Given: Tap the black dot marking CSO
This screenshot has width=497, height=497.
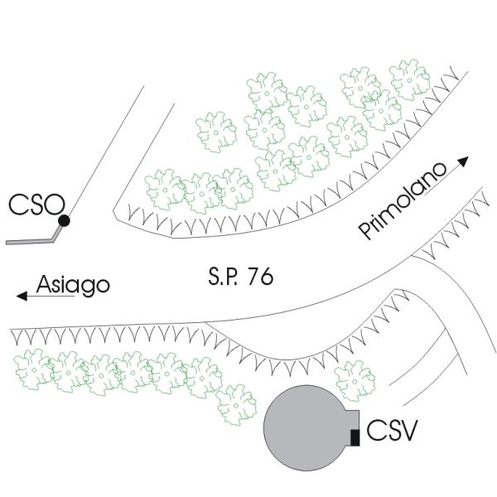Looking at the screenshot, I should pos(64,220).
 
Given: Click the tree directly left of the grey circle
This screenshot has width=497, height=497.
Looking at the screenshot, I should pos(236,405).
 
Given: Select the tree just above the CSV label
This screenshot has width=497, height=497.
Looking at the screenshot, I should pos(353,379).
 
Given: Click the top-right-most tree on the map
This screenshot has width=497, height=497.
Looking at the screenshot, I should pos(409,80).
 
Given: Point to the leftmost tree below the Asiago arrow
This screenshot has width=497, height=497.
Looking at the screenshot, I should pos(34,369).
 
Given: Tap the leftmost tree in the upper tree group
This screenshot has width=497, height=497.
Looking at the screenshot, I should pos(163,190).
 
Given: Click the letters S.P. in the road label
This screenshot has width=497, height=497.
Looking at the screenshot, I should pos(220,278).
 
